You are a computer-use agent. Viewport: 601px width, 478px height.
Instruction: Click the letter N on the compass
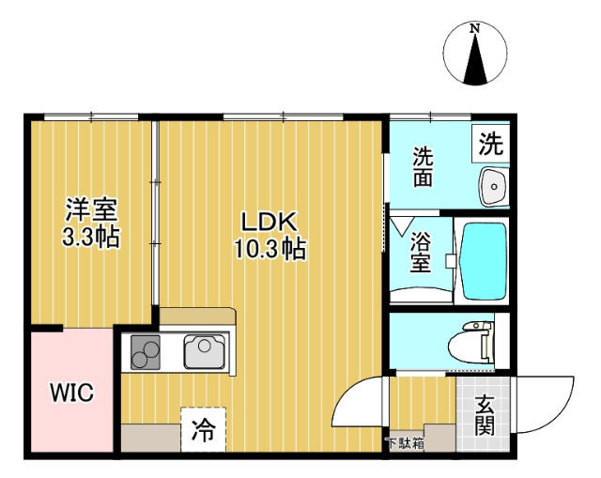(476, 29)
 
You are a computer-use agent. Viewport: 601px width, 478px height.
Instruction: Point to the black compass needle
(476, 63)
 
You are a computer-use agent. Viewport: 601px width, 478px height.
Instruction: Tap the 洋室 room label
(90, 210)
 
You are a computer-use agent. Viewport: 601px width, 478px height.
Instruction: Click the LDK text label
(270, 223)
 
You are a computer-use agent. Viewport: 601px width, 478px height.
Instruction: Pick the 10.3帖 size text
(270, 250)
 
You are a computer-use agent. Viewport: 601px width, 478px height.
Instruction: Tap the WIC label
(71, 393)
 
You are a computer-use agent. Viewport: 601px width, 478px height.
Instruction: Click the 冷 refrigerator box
(203, 431)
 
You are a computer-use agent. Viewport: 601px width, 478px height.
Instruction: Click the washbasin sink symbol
(492, 186)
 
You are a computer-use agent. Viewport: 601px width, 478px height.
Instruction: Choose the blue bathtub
(483, 258)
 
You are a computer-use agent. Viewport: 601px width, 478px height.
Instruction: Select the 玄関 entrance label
(485, 415)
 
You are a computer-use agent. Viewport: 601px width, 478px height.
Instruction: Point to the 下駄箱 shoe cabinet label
(405, 441)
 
